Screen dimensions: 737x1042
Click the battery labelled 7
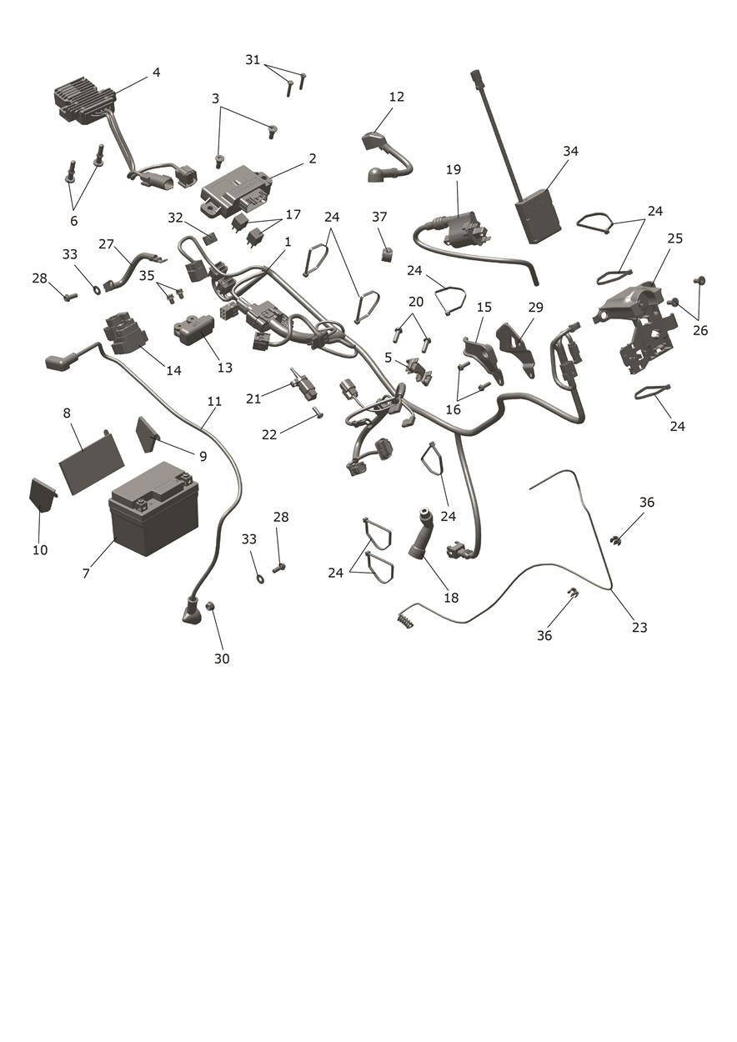click(153, 508)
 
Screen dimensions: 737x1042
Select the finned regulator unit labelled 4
click(85, 103)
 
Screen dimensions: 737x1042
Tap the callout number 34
click(570, 151)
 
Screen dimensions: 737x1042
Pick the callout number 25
click(674, 238)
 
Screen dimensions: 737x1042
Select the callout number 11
click(214, 401)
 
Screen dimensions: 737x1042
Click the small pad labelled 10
click(43, 495)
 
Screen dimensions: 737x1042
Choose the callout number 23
click(639, 628)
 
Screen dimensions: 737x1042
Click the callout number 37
click(379, 217)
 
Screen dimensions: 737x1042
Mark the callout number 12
click(396, 97)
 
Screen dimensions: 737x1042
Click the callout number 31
click(252, 60)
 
